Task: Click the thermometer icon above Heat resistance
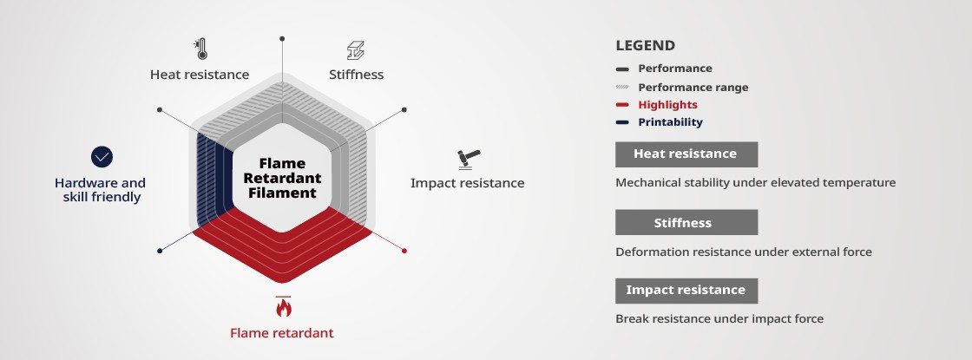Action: [200, 49]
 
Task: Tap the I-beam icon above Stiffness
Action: [356, 50]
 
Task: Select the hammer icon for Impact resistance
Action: [469, 160]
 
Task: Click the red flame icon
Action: [283, 306]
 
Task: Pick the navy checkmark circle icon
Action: [102, 157]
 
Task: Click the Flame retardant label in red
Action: [281, 333]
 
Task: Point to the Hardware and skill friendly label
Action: [100, 190]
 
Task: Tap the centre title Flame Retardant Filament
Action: [282, 178]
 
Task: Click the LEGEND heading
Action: [646, 45]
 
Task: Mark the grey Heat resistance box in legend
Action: [686, 154]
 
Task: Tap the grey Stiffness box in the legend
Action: [686, 222]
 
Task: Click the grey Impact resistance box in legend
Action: [686, 291]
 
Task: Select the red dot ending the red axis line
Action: [404, 251]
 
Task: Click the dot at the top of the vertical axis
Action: [282, 38]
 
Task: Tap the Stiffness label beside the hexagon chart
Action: [357, 75]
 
